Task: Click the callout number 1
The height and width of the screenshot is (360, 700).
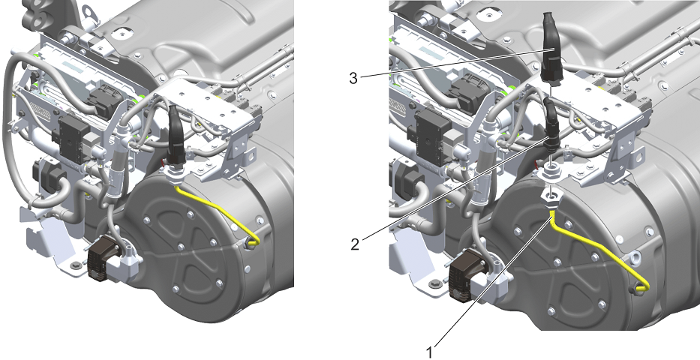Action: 429,352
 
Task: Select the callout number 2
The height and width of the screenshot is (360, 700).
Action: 355,244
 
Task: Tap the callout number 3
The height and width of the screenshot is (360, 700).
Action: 353,79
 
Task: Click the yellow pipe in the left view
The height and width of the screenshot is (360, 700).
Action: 219,210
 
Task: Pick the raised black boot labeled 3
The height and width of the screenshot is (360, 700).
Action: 551,48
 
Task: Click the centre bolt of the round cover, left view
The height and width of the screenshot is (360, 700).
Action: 181,247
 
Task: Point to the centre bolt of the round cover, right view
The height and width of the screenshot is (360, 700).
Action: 557,262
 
